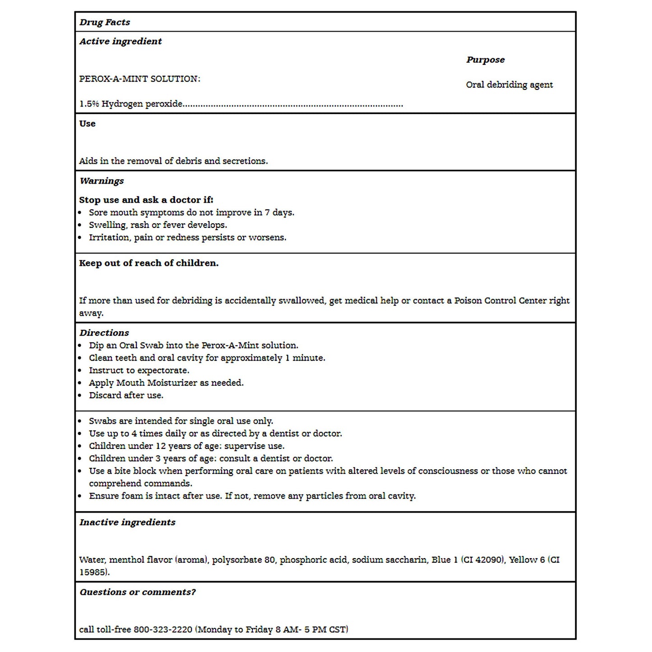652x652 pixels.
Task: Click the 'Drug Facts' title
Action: point(105,22)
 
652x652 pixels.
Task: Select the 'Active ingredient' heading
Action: point(120,42)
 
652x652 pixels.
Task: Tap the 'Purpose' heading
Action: point(486,60)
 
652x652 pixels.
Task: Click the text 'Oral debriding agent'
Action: point(509,85)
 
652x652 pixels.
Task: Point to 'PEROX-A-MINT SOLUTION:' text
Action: point(140,79)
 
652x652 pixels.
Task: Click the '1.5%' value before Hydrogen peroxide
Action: point(89,104)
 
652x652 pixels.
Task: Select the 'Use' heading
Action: point(88,124)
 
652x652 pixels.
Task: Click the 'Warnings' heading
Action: point(102,181)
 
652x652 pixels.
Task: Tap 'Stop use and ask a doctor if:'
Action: point(146,200)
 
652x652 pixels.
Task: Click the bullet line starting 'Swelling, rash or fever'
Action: point(158,225)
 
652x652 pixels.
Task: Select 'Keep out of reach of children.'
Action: point(149,263)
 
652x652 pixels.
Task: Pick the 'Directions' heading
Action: point(104,333)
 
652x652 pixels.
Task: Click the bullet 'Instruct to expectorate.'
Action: point(139,370)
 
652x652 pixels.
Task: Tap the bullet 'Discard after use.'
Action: point(126,395)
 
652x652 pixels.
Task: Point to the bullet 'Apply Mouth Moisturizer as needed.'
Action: point(166,383)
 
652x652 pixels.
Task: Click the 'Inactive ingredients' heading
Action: point(128,523)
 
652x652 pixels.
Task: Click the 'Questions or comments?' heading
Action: point(138,592)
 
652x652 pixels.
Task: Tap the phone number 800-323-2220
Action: point(163,629)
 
